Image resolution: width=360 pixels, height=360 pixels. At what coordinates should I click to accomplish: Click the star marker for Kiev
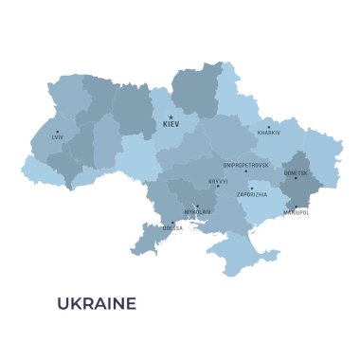click(x=171, y=117)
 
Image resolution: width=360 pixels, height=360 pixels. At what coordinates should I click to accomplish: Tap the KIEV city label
click(x=171, y=125)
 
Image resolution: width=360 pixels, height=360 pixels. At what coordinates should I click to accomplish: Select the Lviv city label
click(x=58, y=138)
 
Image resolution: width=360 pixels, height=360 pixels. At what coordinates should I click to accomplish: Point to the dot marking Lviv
click(x=57, y=132)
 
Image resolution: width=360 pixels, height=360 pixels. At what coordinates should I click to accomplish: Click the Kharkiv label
click(x=269, y=133)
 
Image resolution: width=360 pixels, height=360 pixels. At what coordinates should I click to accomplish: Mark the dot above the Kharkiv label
click(x=268, y=126)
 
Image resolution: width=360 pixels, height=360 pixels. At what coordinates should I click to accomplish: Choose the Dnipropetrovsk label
click(x=245, y=165)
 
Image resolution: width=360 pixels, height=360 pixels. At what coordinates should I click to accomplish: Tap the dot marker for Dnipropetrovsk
click(x=246, y=171)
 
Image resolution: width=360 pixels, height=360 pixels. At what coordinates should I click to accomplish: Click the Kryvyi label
click(x=218, y=180)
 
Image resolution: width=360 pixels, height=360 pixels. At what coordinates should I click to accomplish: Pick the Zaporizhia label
click(x=252, y=194)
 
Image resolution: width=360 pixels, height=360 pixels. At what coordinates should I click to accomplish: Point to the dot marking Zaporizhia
click(x=252, y=188)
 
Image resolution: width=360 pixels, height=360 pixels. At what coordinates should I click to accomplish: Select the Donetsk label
click(x=296, y=172)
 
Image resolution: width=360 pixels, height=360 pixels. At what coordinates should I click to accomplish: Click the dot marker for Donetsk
click(x=296, y=179)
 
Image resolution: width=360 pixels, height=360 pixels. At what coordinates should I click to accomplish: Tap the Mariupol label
click(x=296, y=213)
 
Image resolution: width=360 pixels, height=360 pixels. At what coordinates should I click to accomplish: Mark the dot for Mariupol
click(x=296, y=207)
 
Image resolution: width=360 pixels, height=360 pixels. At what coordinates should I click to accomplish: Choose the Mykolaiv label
click(x=197, y=212)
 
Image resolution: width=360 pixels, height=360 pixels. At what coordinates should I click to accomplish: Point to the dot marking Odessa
click(x=172, y=223)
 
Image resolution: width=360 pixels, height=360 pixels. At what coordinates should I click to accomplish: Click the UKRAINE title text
click(x=97, y=303)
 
